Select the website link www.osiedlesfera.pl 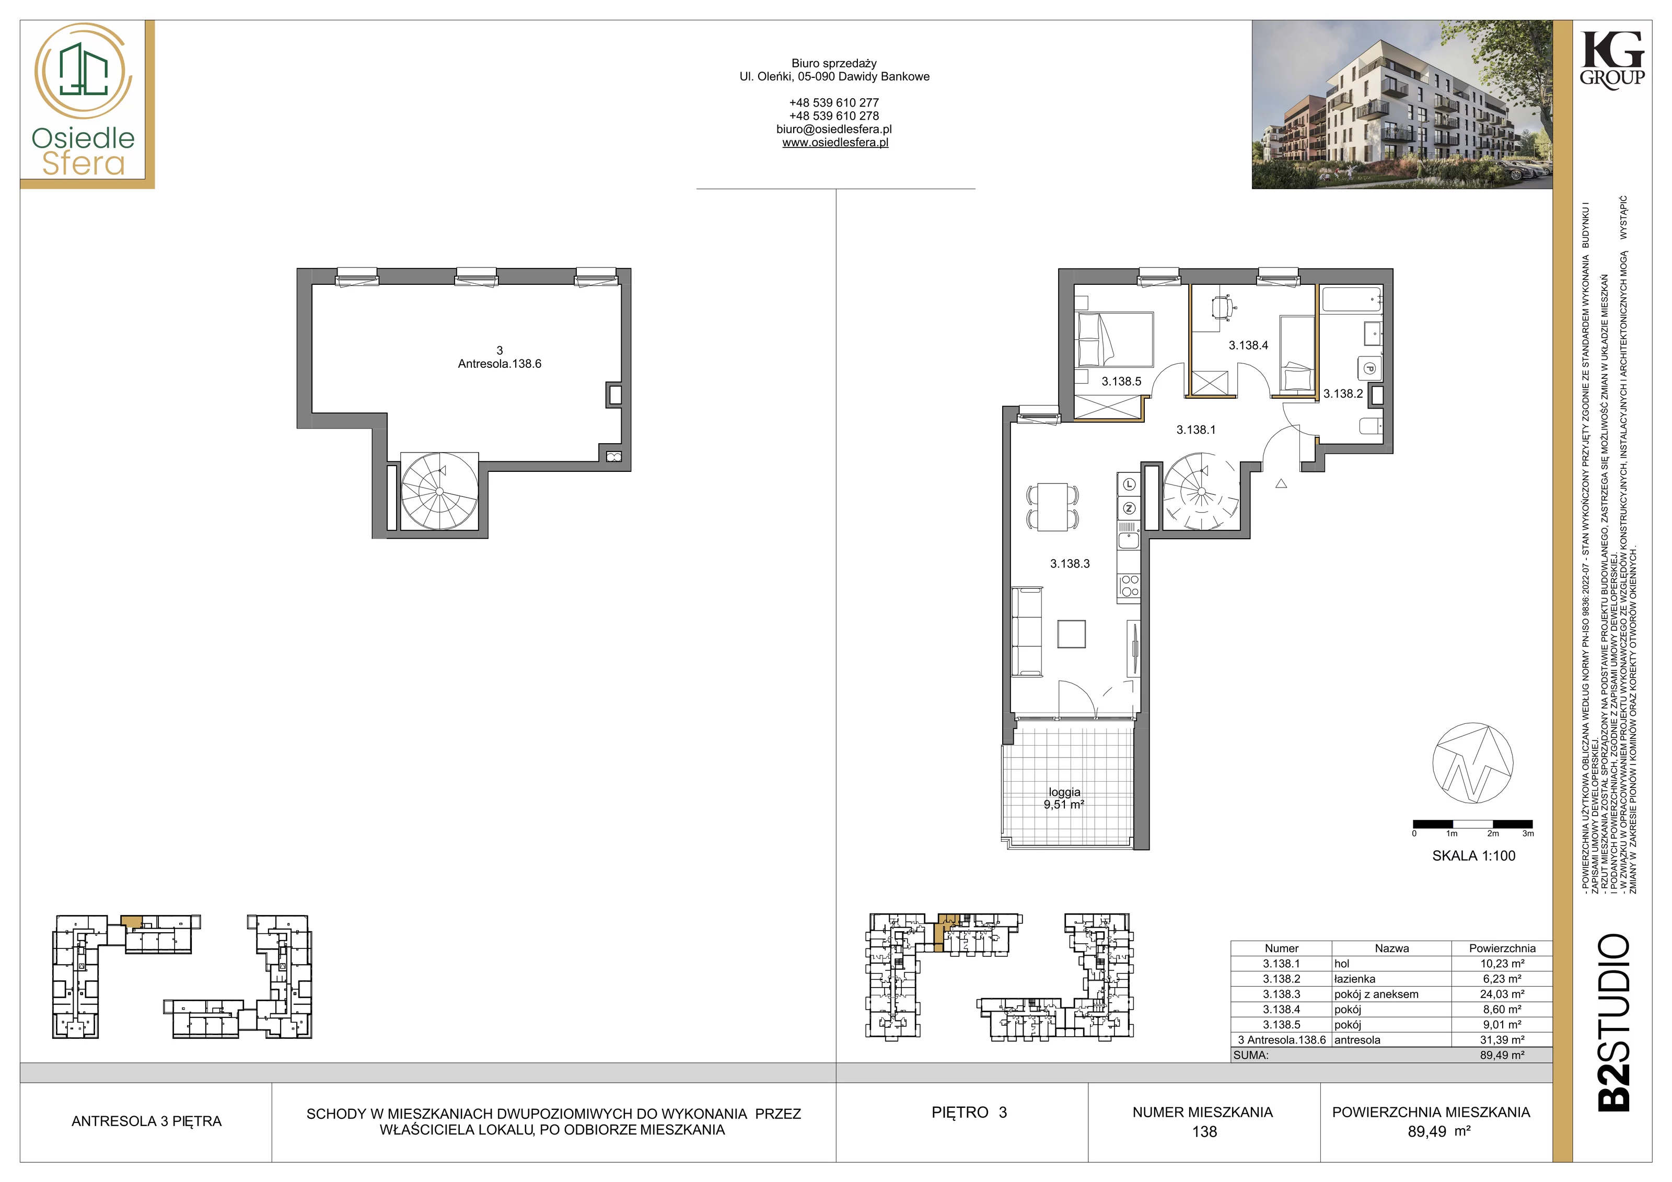835,143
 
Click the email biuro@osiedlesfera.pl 834,129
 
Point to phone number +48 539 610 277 834,103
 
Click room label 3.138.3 1070,564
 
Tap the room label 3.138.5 1121,381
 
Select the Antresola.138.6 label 500,363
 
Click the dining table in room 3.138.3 1052,507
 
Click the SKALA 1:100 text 1474,856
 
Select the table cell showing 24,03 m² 1502,994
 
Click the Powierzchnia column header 1502,948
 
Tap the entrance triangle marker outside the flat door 1281,483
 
